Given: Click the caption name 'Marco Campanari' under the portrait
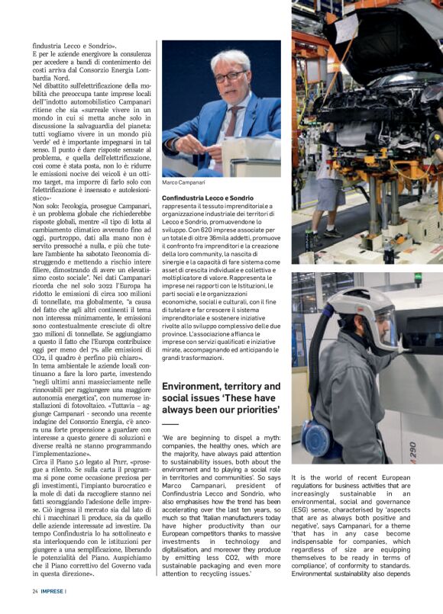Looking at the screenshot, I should (183, 184).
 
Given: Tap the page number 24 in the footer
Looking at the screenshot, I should (35, 591).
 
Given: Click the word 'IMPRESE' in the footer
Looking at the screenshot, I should (53, 591).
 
